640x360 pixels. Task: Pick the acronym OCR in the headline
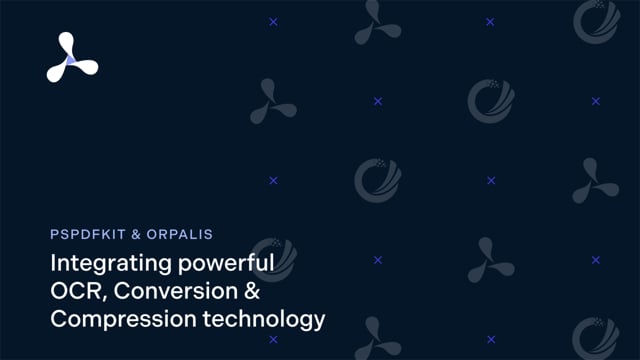(x=74, y=293)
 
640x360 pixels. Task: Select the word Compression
(x=116, y=320)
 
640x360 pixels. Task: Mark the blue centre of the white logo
(x=70, y=60)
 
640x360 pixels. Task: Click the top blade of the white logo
(x=66, y=43)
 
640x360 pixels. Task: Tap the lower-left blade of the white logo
(x=56, y=73)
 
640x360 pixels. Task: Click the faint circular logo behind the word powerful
(x=268, y=256)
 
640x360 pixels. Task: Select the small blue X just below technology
(x=273, y=340)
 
